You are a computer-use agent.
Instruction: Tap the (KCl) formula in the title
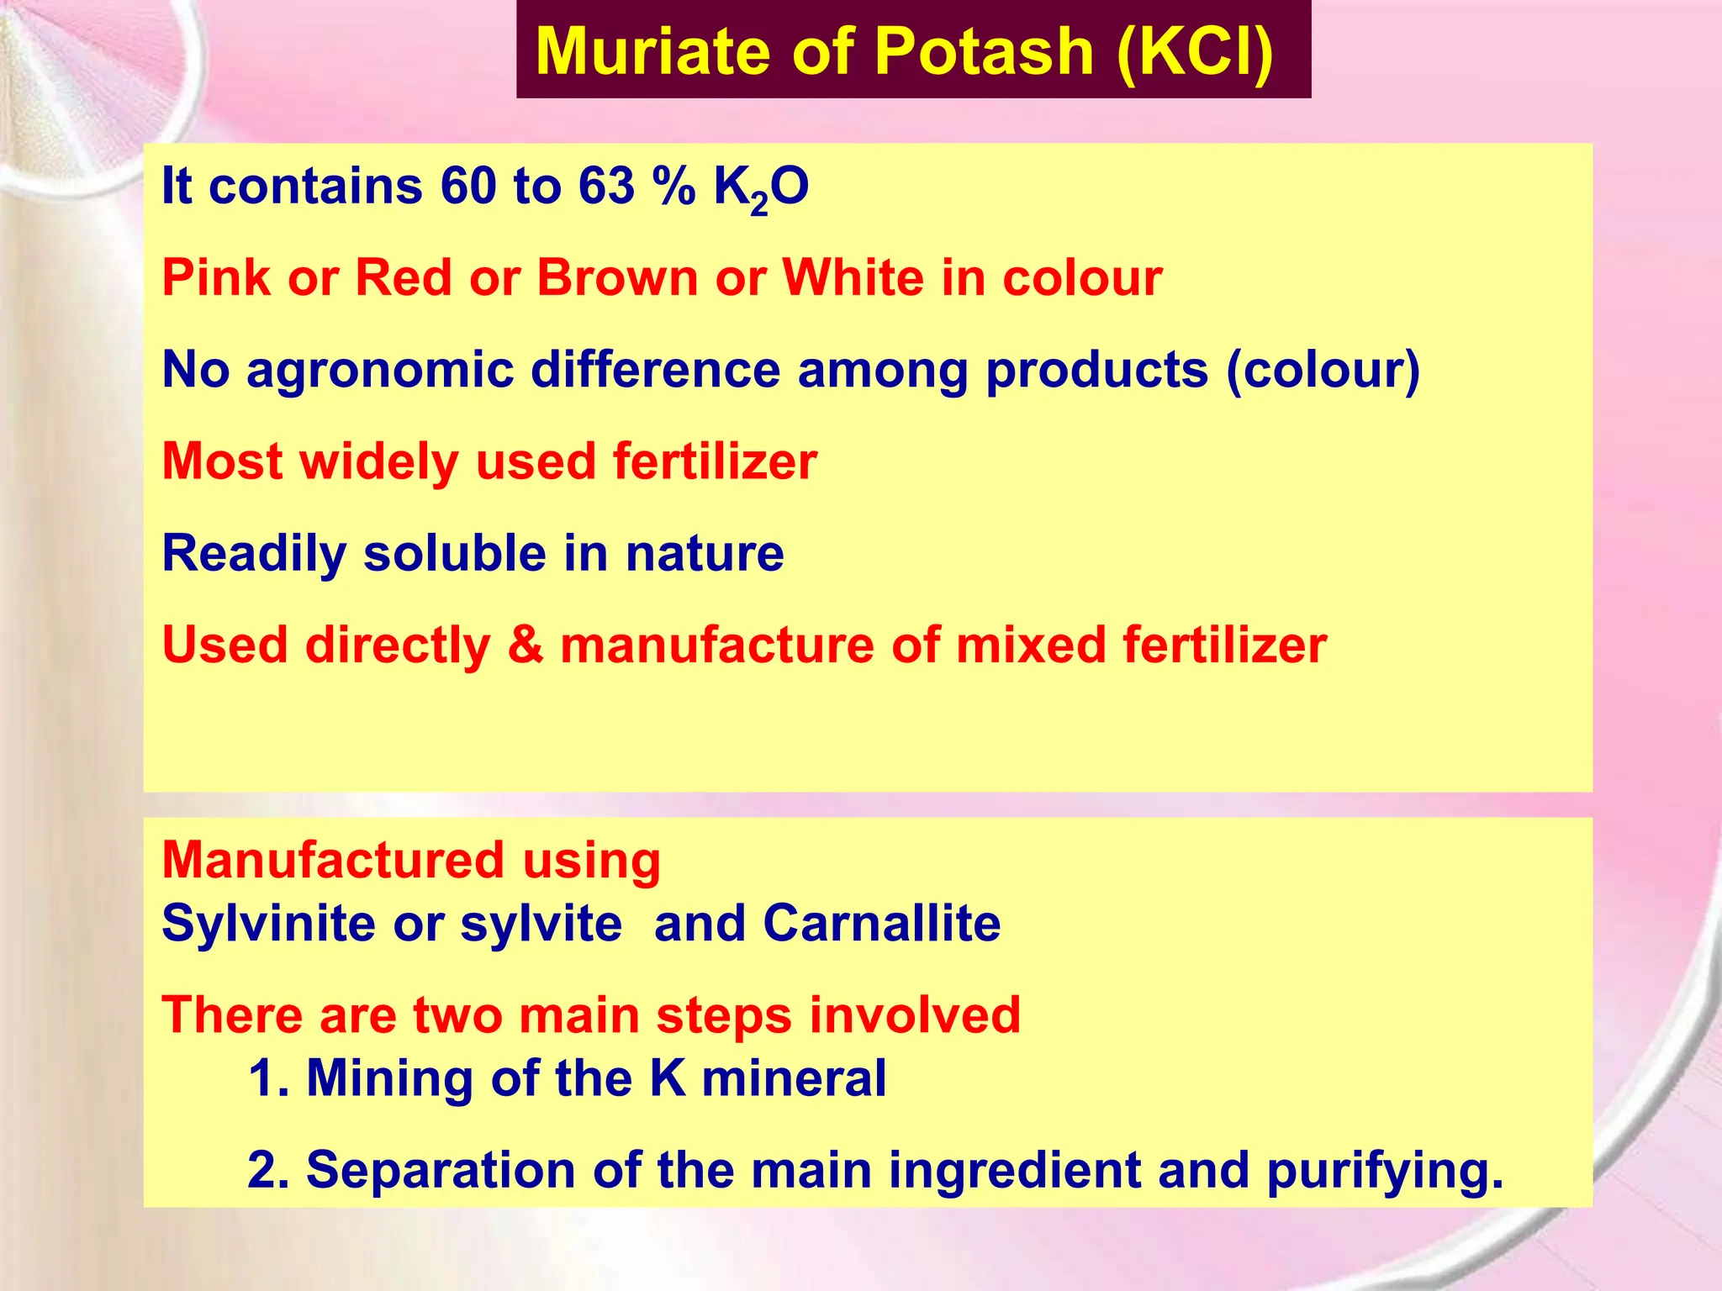[x=1196, y=52]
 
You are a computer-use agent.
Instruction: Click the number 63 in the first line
[x=605, y=186]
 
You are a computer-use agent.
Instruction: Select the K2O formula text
[x=761, y=188]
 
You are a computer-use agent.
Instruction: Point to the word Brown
[x=617, y=277]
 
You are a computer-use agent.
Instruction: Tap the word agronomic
[x=380, y=371]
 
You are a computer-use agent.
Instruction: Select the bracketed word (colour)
[x=1323, y=371]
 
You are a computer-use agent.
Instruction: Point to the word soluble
[x=455, y=554]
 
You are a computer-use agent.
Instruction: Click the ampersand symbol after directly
[x=526, y=645]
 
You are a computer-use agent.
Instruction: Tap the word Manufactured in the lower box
[x=333, y=861]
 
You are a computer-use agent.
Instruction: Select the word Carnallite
[x=882, y=924]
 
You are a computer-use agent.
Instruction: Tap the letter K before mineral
[x=668, y=1078]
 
